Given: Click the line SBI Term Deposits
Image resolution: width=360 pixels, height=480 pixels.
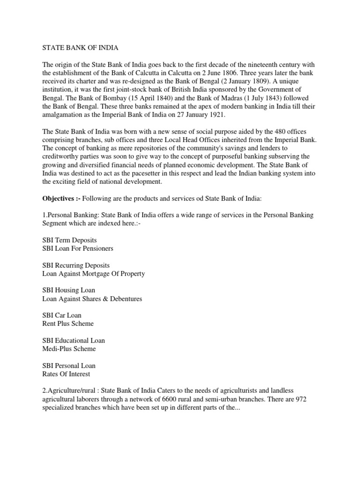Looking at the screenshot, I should tap(69, 240).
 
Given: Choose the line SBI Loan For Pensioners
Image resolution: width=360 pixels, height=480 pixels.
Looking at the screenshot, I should tap(78, 248).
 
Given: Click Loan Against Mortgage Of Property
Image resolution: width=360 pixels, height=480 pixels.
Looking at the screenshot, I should tap(93, 274).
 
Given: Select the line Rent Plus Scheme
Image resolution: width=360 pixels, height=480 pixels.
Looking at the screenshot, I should tap(68, 324).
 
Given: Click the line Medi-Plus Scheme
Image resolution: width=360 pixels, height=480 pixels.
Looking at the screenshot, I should tap(69, 349).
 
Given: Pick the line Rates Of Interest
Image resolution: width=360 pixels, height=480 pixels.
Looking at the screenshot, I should tap(66, 374).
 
